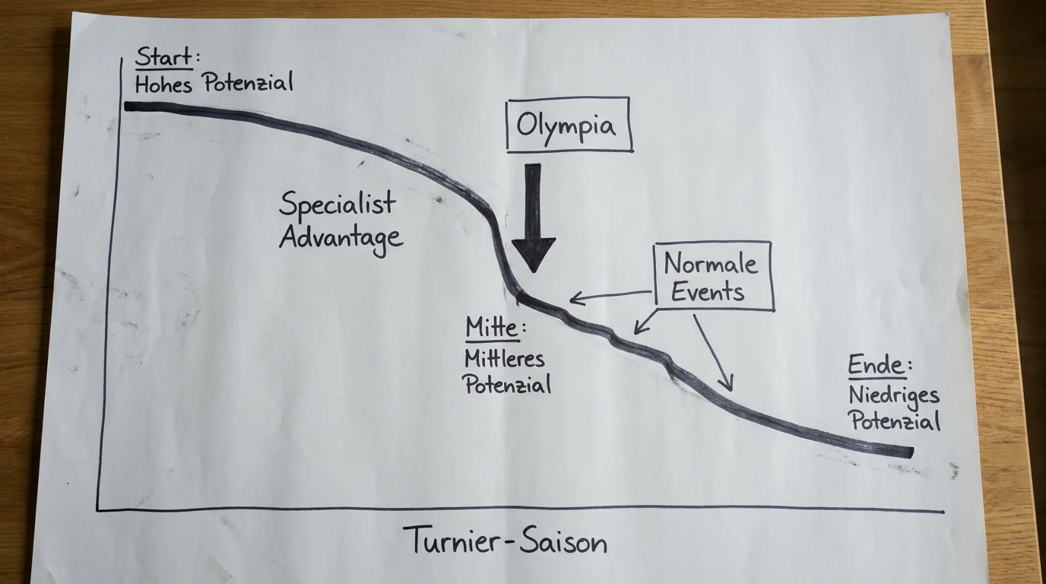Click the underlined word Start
(163, 57)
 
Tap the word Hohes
(163, 84)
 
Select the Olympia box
(569, 125)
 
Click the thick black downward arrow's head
(534, 255)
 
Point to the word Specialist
(338, 204)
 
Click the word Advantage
(341, 238)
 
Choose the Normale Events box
(714, 276)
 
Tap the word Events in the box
(708, 293)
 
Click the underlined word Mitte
(492, 327)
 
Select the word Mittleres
(504, 359)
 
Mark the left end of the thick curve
(126, 106)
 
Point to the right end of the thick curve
(911, 452)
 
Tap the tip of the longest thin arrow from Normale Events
(731, 391)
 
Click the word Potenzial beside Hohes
(248, 83)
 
